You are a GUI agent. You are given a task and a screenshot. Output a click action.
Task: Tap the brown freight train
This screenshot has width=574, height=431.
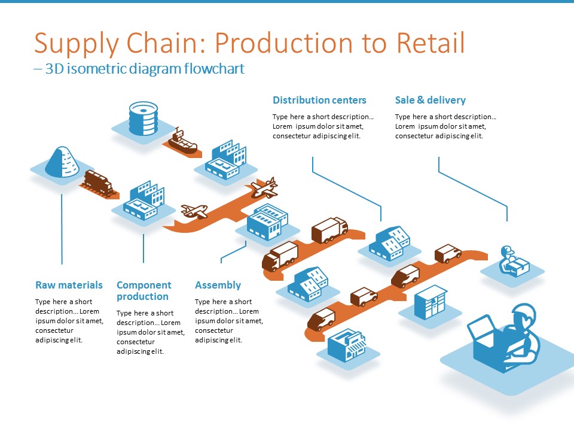click(x=99, y=182)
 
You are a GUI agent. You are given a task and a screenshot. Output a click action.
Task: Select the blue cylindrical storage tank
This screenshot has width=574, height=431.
click(x=143, y=119)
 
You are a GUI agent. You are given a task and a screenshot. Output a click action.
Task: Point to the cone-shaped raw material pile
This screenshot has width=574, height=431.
click(x=62, y=162)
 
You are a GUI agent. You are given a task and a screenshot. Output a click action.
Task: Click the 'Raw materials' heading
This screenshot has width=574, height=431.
click(x=69, y=285)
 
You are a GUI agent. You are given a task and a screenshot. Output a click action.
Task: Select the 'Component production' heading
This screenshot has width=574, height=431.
click(x=144, y=291)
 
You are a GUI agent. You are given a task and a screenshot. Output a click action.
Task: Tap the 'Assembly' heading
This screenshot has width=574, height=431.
click(x=218, y=285)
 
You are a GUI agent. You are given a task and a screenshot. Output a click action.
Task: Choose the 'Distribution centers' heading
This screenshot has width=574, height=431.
click(x=319, y=100)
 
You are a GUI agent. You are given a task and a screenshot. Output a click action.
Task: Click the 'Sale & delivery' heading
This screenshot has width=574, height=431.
click(x=430, y=100)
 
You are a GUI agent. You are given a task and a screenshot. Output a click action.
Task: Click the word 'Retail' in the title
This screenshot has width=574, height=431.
click(x=430, y=43)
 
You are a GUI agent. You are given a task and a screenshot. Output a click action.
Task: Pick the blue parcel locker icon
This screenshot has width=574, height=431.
click(x=431, y=302)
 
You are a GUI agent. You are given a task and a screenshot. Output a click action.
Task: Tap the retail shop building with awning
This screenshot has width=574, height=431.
click(x=346, y=345)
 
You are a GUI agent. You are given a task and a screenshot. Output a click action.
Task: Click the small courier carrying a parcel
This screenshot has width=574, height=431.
click(x=514, y=262)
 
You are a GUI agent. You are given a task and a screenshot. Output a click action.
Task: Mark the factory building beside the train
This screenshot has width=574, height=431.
click(x=143, y=200)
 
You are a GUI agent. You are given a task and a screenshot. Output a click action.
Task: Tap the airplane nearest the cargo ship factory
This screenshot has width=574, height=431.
click(x=264, y=187)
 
